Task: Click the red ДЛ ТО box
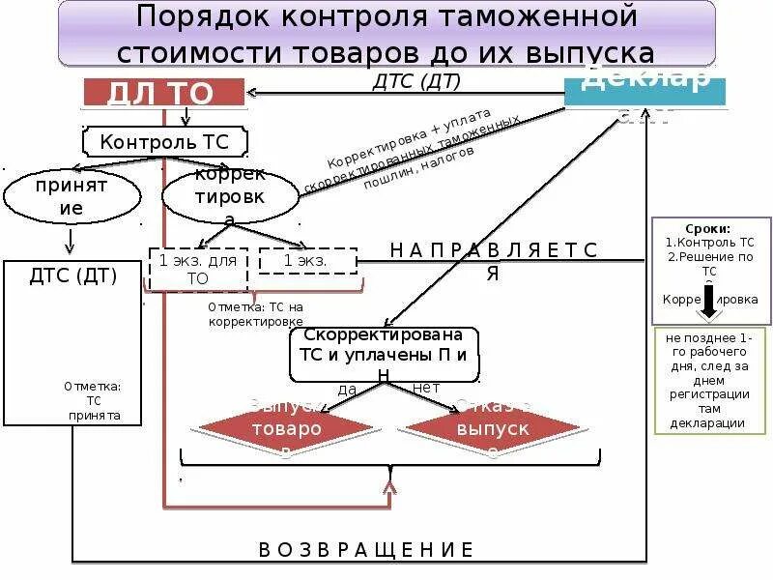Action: [x=162, y=92]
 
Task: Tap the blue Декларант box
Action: [x=644, y=90]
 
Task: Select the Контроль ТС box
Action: [x=165, y=142]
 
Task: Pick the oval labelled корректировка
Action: [x=230, y=196]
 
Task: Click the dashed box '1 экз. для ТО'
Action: [x=197, y=269]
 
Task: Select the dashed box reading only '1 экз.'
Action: [x=307, y=261]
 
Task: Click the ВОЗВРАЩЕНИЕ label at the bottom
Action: [x=366, y=550]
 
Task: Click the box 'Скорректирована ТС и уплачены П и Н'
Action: [x=384, y=354]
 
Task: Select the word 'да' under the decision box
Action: [x=347, y=390]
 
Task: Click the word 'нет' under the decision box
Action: [x=426, y=388]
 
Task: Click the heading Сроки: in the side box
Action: [x=710, y=228]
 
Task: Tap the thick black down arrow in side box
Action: [x=710, y=301]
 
